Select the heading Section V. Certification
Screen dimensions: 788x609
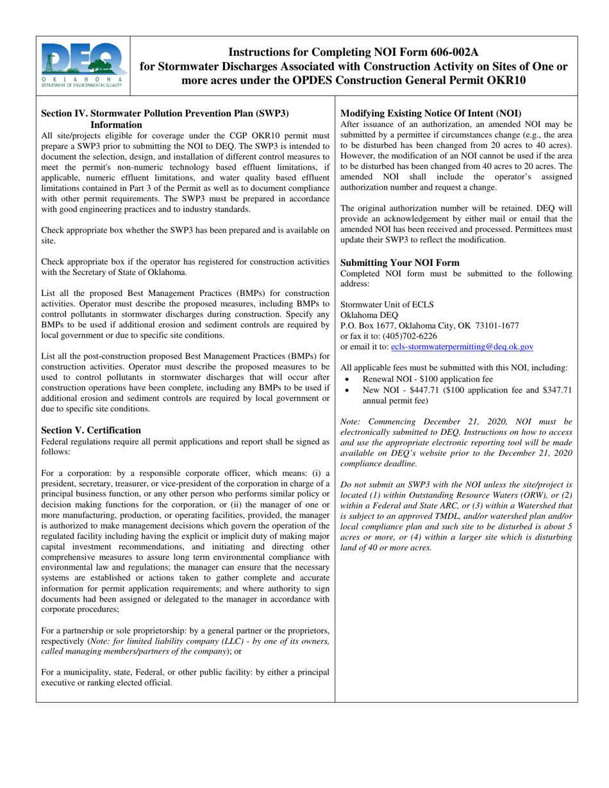point(91,430)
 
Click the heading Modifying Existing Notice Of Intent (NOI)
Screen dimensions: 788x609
point(430,113)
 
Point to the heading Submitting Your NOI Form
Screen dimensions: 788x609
point(399,263)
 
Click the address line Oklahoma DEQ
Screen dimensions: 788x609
point(369,315)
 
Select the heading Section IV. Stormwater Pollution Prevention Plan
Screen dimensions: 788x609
point(165,113)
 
